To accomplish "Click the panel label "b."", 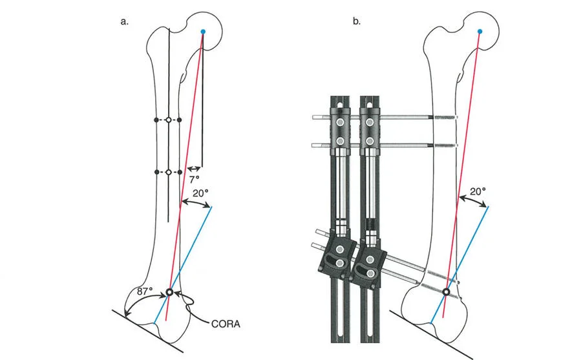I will (x=357, y=21).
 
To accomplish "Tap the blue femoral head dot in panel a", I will (x=203, y=32).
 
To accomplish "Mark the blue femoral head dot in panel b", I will (x=479, y=32).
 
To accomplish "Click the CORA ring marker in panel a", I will (x=170, y=293).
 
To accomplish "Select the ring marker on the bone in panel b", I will (x=446, y=293).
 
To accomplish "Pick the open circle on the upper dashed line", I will (x=168, y=120).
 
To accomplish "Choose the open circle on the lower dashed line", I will (x=168, y=172).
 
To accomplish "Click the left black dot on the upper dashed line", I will (x=156, y=120).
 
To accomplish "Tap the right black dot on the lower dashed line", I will (x=180, y=172).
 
